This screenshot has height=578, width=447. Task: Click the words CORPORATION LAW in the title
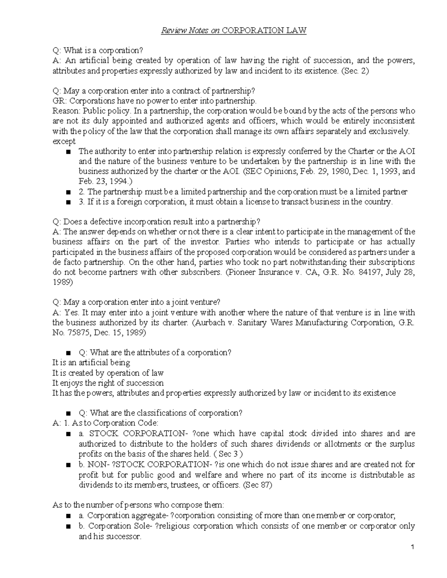click(x=264, y=31)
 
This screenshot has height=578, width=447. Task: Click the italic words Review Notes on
click(x=190, y=31)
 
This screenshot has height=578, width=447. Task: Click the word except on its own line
click(x=64, y=141)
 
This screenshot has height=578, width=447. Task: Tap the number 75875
click(x=77, y=333)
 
